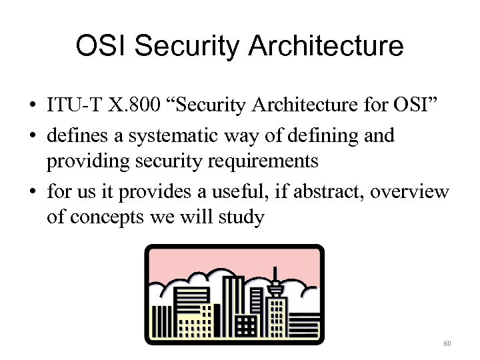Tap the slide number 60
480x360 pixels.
tap(447, 344)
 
